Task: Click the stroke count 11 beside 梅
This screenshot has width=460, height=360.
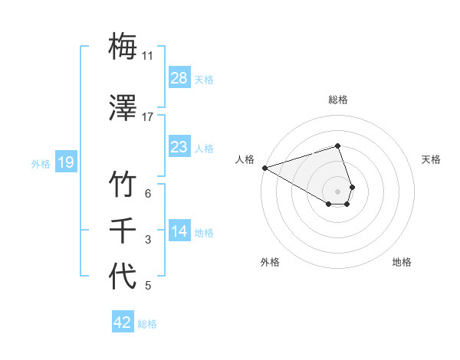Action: click(148, 56)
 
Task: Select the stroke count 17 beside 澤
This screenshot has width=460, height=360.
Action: click(148, 117)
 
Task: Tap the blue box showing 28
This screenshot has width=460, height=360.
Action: click(179, 77)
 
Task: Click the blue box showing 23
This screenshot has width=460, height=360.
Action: click(179, 147)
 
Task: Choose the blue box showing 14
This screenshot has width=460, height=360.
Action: click(179, 232)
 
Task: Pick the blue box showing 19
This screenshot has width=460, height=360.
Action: click(65, 162)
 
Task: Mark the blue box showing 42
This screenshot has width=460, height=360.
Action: click(123, 322)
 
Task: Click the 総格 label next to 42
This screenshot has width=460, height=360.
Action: click(147, 324)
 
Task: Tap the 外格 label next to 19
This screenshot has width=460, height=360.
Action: click(41, 163)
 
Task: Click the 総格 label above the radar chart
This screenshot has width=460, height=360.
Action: click(338, 100)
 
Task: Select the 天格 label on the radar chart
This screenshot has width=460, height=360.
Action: click(432, 159)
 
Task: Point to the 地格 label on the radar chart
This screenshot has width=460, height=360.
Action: click(402, 262)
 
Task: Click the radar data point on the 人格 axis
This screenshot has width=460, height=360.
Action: click(264, 168)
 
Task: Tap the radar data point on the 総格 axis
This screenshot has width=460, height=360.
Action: click(338, 146)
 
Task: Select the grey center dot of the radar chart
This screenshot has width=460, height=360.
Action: click(338, 191)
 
